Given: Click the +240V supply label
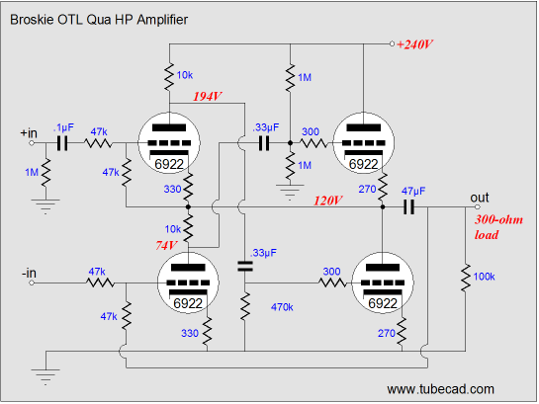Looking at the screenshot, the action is (415, 44).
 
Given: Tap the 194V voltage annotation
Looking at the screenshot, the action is (208, 97).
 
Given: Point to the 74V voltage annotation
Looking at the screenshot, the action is (166, 245).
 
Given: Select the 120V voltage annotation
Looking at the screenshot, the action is (328, 201).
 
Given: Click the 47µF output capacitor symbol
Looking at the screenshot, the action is (408, 207).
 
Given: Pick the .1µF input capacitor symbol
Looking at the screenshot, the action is (62, 143).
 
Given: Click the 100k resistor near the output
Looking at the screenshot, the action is (466, 278).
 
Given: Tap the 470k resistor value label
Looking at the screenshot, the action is (282, 307).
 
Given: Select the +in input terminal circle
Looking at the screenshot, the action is (32, 143).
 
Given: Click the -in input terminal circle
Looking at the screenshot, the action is (32, 283).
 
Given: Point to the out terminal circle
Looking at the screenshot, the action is (478, 207).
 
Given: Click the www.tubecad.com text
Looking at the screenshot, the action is (441, 389).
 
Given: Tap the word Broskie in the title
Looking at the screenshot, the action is (32, 20).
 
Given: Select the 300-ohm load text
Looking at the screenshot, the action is (498, 227).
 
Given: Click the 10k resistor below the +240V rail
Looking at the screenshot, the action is (169, 77).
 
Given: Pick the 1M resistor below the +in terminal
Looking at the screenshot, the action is (45, 173).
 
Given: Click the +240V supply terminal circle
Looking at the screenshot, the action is (392, 43).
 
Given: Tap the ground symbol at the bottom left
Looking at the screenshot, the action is (45, 376).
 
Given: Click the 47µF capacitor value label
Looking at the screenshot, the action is (413, 191).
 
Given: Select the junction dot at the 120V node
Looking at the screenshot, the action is (383, 207).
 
